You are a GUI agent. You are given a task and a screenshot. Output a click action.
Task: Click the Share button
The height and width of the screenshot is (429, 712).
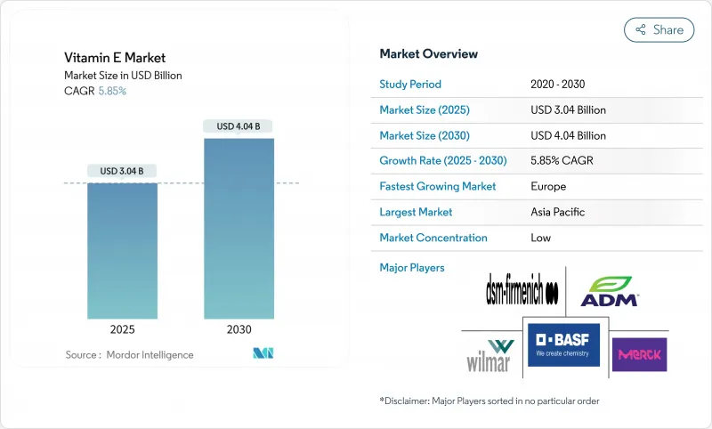click(659, 29)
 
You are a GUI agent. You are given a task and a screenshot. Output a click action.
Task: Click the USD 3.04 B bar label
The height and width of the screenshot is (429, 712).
click(122, 171)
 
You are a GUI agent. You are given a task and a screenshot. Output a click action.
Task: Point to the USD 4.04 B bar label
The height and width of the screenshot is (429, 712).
click(239, 126)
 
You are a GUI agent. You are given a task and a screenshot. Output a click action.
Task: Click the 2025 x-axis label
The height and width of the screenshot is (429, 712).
click(122, 329)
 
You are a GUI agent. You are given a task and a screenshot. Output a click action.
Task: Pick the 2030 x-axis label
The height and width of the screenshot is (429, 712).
click(239, 329)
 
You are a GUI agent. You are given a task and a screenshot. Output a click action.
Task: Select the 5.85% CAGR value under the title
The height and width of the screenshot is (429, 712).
click(111, 91)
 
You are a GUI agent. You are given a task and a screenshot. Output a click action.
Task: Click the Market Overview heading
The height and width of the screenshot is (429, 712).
click(429, 54)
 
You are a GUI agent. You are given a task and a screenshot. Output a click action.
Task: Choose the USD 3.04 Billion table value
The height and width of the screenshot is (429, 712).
click(568, 110)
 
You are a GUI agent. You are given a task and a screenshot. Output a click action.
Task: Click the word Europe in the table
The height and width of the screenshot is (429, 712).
click(548, 187)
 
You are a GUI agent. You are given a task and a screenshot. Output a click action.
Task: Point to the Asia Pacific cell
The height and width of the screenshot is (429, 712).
click(558, 213)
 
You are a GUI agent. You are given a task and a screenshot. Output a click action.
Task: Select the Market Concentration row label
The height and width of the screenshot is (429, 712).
click(433, 239)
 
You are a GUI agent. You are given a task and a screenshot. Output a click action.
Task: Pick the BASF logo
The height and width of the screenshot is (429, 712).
click(563, 344)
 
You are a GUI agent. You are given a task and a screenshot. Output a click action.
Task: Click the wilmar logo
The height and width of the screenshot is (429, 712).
click(489, 355)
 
